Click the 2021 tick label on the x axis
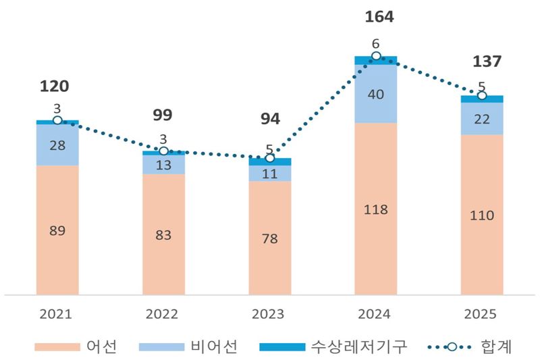[57, 314]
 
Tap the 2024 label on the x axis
[375, 314]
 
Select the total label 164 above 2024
[375, 16]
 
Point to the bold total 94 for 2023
[269, 120]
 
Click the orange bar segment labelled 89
[57, 230]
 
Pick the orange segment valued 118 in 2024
[375, 209]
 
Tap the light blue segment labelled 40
[375, 95]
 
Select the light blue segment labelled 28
[57, 145]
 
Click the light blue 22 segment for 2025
[482, 119]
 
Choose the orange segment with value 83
[163, 234]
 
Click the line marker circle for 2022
[163, 151]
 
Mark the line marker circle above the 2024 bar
[375, 56]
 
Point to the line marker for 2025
[482, 96]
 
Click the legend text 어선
[102, 347]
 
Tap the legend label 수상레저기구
[358, 347]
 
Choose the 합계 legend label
[496, 347]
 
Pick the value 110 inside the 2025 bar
[482, 215]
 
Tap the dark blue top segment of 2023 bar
[269, 162]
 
